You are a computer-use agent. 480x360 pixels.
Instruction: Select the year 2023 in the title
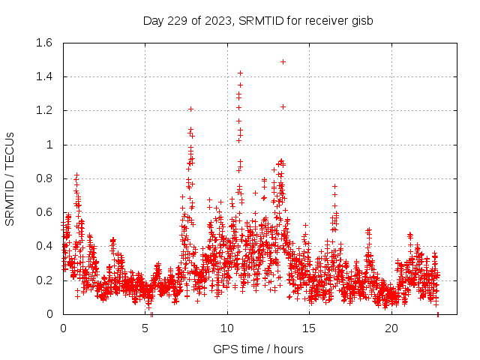click(x=217, y=20)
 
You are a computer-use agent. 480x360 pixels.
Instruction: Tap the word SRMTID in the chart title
click(x=259, y=20)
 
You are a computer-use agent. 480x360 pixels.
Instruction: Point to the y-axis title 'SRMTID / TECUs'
click(x=10, y=178)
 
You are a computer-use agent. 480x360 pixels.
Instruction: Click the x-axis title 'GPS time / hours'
click(x=258, y=349)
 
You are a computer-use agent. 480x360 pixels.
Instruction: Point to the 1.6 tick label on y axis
click(x=43, y=43)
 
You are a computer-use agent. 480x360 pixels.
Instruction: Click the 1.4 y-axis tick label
click(x=43, y=76)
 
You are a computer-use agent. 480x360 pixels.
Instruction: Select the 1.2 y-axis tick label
click(x=43, y=110)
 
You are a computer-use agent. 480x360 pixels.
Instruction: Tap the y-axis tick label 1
click(x=49, y=145)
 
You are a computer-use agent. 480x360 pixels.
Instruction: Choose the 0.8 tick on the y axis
click(x=43, y=178)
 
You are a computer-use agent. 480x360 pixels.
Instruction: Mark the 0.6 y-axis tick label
click(x=43, y=212)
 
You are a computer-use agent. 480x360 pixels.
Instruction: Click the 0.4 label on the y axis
click(x=43, y=246)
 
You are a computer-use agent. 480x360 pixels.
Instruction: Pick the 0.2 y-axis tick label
click(x=43, y=280)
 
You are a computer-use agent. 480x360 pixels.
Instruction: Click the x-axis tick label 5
click(x=145, y=328)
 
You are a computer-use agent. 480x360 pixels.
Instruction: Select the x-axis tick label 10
click(x=227, y=328)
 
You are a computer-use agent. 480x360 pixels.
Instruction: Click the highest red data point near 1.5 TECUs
click(x=283, y=61)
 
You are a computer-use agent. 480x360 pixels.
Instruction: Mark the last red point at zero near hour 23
click(x=437, y=313)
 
